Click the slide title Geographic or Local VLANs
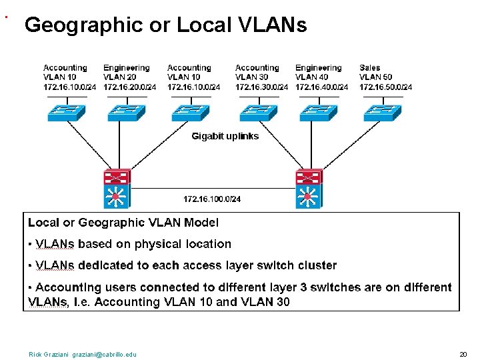(x=165, y=25)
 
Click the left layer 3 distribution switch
(x=117, y=188)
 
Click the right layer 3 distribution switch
(x=308, y=188)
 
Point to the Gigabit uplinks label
(x=225, y=136)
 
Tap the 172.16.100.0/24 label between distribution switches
(x=212, y=199)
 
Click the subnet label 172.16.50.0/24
(x=385, y=87)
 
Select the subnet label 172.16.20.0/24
(x=129, y=87)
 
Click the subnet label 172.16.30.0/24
(x=261, y=87)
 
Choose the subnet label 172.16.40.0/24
(x=321, y=87)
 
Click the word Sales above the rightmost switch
(x=370, y=67)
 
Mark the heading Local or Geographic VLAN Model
(x=123, y=223)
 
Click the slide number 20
(x=463, y=355)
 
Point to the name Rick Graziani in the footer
(x=48, y=355)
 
